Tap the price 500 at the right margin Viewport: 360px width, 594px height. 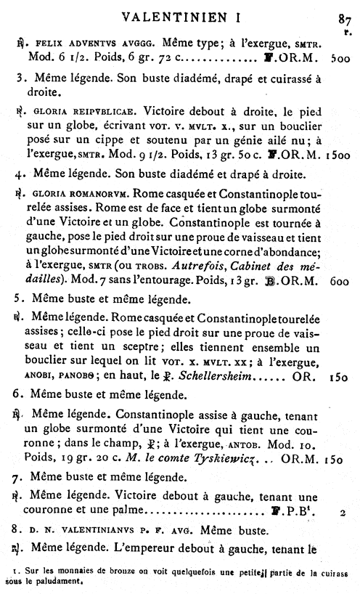(340, 56)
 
